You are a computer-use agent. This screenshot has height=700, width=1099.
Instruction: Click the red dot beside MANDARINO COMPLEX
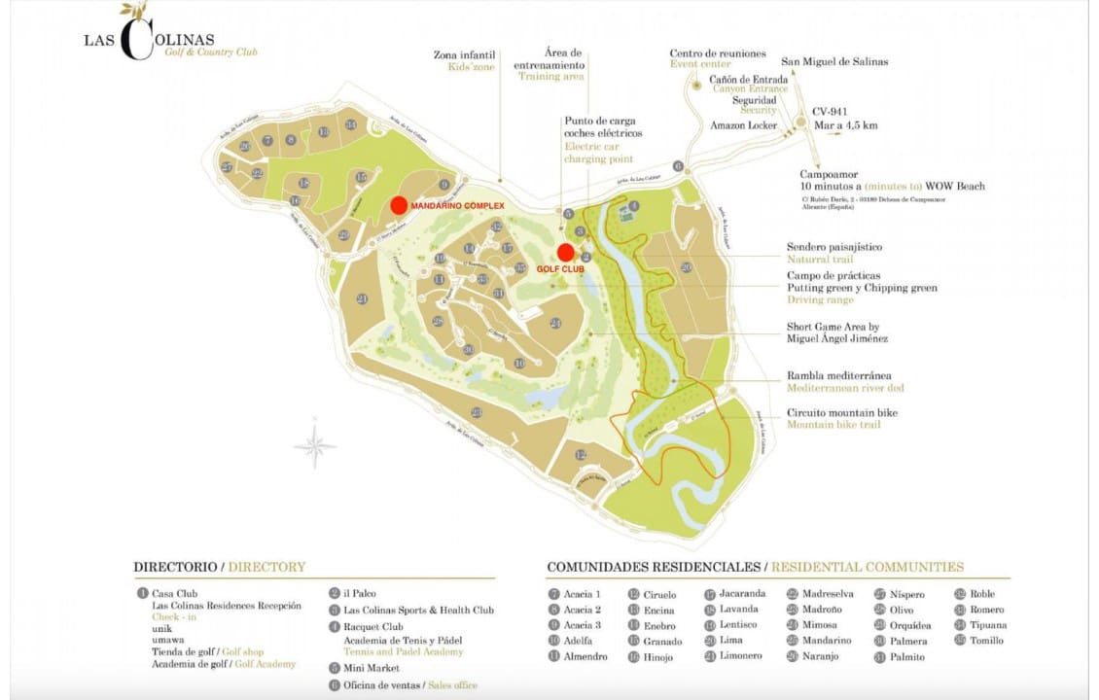tap(399, 205)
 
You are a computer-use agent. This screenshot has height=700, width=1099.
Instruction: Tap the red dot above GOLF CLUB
tap(566, 252)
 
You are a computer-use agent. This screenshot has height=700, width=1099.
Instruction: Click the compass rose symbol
tap(314, 443)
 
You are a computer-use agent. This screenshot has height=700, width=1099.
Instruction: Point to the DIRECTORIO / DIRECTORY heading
tap(220, 567)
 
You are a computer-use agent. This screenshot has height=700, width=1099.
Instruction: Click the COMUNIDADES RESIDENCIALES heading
tap(654, 567)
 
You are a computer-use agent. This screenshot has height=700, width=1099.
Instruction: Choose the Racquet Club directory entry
tap(372, 627)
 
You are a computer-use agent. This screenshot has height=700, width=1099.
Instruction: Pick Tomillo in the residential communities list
tap(986, 641)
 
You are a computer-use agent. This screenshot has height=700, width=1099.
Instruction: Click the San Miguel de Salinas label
tap(834, 61)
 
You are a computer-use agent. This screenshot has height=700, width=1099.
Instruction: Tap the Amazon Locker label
tap(744, 125)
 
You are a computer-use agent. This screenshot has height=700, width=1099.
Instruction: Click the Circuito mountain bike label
tap(841, 413)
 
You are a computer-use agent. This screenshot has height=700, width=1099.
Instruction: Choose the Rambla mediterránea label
tap(838, 376)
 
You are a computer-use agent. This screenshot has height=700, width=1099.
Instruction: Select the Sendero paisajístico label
tap(834, 248)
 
